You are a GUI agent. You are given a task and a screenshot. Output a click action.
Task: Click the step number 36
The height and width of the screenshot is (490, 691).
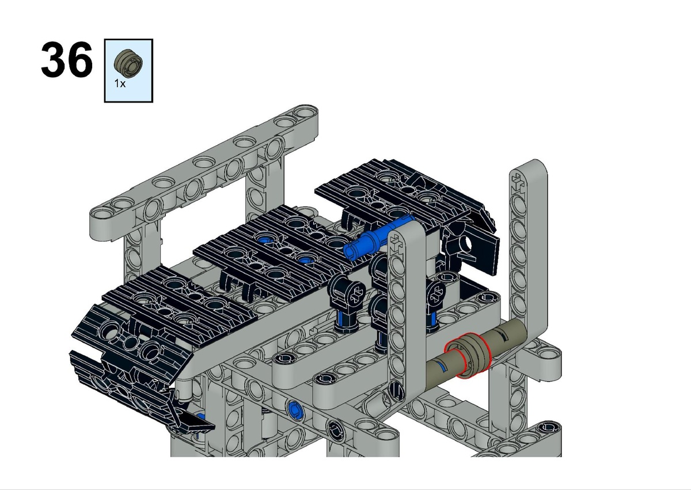pyautogui.click(x=67, y=59)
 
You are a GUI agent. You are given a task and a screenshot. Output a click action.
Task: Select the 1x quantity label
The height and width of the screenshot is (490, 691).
pyautogui.click(x=120, y=84)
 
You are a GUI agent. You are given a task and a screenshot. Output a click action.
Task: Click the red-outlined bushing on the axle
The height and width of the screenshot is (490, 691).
pyautogui.click(x=468, y=355)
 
